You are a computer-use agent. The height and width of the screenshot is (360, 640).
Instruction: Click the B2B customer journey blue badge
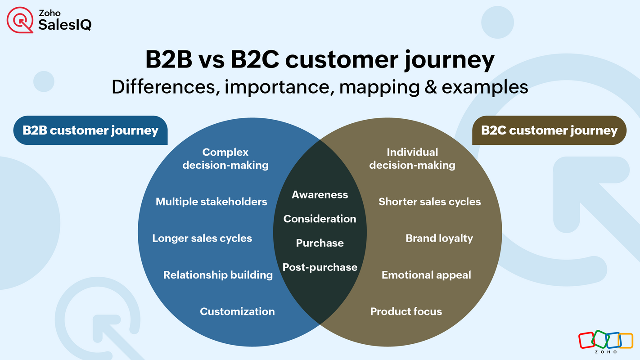[90, 130]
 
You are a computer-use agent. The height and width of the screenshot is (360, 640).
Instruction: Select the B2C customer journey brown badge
[549, 130]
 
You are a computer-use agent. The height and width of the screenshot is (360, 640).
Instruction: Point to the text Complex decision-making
[225, 159]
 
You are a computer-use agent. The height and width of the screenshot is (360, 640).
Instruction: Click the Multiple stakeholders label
[211, 202]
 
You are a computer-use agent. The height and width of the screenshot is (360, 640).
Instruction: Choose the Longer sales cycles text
[202, 238]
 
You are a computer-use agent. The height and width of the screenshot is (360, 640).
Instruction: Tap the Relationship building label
[218, 274]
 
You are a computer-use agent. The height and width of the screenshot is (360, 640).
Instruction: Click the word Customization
[237, 311]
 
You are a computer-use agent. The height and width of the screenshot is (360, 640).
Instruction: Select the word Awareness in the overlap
[320, 194]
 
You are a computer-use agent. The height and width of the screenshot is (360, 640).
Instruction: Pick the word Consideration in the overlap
[320, 219]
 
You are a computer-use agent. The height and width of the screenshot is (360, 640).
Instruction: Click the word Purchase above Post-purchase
[320, 243]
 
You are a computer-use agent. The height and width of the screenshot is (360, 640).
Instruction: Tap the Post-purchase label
[320, 267]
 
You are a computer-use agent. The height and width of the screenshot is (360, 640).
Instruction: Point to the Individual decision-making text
[412, 159]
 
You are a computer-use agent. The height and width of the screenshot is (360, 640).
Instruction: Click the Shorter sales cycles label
[429, 202]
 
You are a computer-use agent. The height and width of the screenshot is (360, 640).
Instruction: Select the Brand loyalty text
[439, 238]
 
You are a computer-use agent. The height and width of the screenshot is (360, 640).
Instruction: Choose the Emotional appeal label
[426, 274]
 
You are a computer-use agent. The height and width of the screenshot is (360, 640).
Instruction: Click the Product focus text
[406, 311]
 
